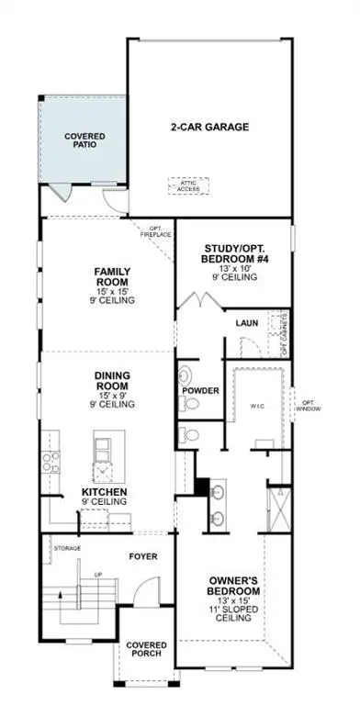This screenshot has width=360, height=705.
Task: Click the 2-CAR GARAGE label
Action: point(210,128)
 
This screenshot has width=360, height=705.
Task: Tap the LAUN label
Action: point(245,323)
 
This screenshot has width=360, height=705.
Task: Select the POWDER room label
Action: point(200,391)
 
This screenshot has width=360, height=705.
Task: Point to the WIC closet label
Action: point(256,405)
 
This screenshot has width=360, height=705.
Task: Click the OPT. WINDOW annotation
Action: point(306,405)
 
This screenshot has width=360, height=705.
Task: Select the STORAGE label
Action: point(67,548)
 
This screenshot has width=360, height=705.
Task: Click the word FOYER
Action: point(143,556)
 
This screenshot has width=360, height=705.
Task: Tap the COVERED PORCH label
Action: point(146,648)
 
